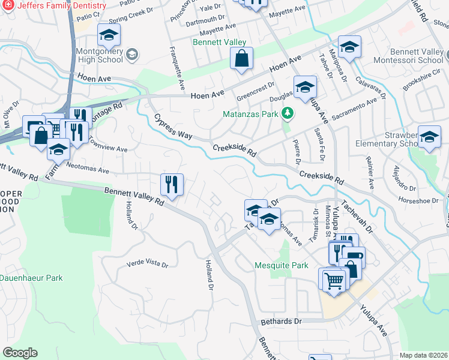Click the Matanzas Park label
[x=250, y=113]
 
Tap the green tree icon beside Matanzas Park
[x=288, y=113]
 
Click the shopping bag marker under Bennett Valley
[x=241, y=59]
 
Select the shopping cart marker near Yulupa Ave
[x=333, y=280]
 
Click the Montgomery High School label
[x=100, y=55]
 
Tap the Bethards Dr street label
[x=281, y=322]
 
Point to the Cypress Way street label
[x=173, y=127]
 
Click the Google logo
[x=20, y=353]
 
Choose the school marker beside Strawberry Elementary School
[x=429, y=137]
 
